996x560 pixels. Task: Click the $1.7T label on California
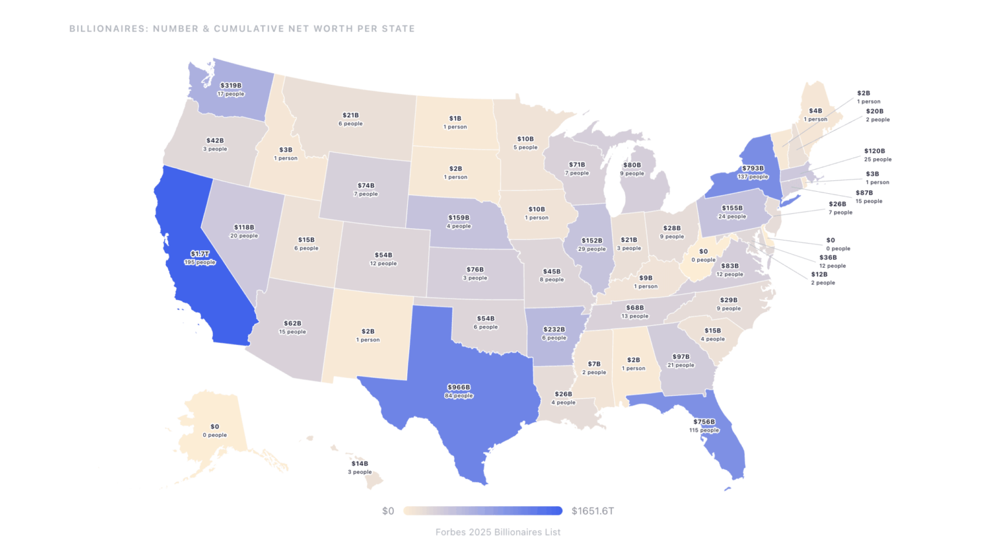pos(200,254)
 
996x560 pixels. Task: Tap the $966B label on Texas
pos(458,388)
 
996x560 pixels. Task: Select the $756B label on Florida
pos(704,422)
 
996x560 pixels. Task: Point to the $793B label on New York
pos(753,169)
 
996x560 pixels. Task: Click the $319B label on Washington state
pos(231,86)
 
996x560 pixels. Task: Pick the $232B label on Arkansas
pos(554,329)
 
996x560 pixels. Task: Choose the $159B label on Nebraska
pos(458,218)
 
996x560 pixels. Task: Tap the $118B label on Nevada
pos(244,227)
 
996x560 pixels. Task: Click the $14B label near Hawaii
pos(360,463)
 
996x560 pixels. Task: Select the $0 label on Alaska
pos(215,426)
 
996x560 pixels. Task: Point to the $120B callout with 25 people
pos(874,151)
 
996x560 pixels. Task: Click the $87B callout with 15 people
pos(864,193)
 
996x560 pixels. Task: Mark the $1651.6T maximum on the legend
pos(593,511)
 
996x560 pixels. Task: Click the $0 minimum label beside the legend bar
pos(388,511)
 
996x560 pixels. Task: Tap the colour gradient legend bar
pos(482,511)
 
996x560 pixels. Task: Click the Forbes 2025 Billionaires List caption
pos(497,532)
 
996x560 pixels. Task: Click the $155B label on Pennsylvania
pos(732,208)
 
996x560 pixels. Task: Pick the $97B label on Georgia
pos(681,356)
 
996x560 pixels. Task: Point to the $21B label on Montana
pos(350,115)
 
